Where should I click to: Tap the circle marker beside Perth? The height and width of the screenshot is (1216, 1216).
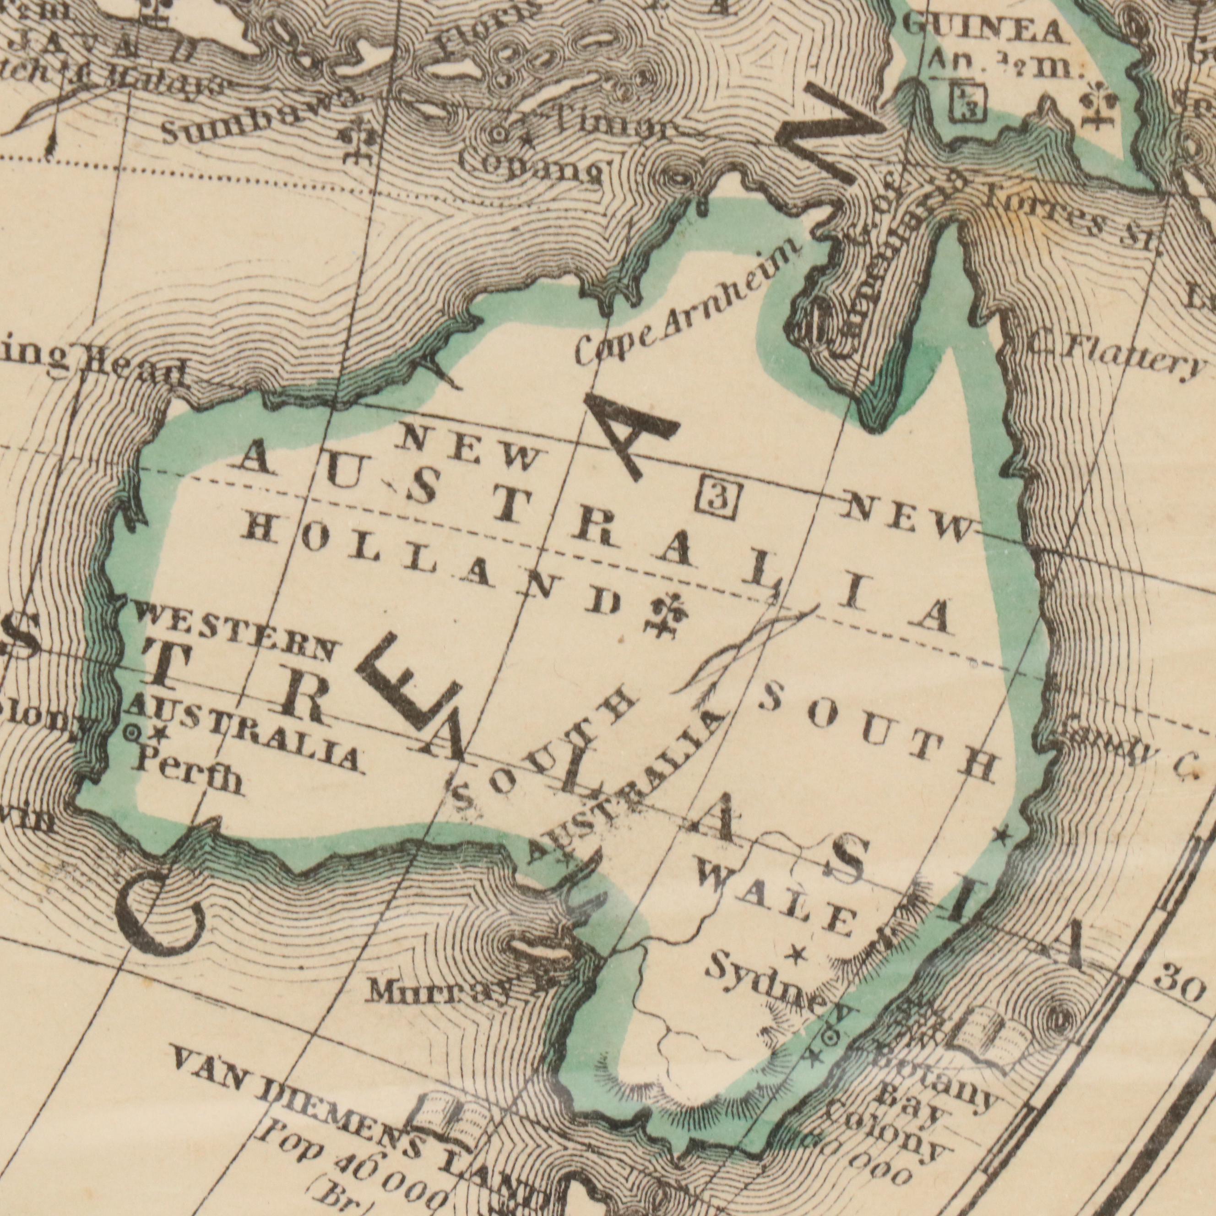[133, 732]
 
